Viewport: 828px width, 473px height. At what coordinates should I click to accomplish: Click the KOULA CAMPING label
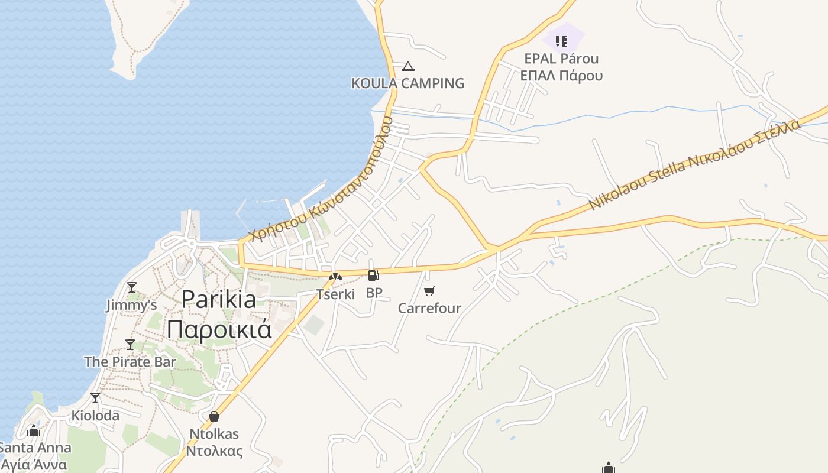click(407, 83)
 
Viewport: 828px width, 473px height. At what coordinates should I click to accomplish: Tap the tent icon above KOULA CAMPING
click(407, 66)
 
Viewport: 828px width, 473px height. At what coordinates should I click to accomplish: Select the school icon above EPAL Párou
click(561, 41)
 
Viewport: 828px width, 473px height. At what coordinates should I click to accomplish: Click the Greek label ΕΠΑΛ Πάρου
click(561, 76)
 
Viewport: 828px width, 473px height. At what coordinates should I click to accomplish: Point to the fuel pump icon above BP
click(373, 276)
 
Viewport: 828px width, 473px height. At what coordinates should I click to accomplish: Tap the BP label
click(374, 293)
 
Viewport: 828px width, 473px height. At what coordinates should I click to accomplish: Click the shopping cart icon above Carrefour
click(429, 291)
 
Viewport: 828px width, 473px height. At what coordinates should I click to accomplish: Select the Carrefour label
click(429, 308)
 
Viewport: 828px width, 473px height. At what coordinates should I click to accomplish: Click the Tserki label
click(335, 294)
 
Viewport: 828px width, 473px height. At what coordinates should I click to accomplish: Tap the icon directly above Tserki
click(335, 276)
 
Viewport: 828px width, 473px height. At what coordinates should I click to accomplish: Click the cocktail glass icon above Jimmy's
click(131, 287)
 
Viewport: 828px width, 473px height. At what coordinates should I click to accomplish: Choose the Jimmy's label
click(131, 305)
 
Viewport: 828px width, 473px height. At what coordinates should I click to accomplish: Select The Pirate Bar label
click(130, 361)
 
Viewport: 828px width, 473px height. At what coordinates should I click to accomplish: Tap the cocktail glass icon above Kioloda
click(95, 398)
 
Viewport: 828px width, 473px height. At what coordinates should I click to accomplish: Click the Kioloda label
click(95, 416)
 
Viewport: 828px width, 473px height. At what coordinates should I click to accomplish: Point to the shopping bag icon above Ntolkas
click(214, 417)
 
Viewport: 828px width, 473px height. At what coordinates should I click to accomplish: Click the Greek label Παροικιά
click(219, 329)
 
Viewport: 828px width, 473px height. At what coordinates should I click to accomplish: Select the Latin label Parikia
click(219, 299)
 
